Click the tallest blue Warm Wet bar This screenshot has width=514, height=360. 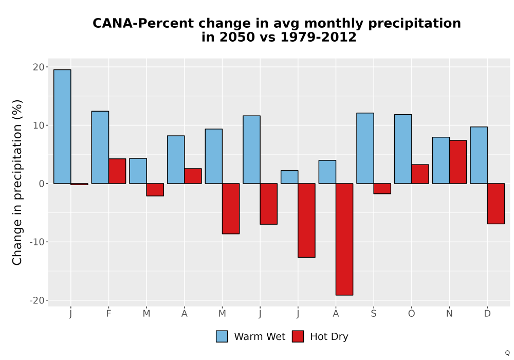(x=62, y=127)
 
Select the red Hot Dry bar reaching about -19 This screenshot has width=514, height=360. (x=344, y=239)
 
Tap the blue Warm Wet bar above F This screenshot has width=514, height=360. (x=100, y=147)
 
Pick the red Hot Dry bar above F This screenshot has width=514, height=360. (x=117, y=171)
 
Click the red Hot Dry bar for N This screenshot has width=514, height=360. (x=458, y=162)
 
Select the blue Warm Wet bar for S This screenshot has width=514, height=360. (x=365, y=148)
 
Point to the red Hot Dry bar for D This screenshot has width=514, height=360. (x=496, y=204)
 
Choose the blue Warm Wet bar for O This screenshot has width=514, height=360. (x=403, y=149)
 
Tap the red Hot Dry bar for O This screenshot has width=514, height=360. (x=420, y=174)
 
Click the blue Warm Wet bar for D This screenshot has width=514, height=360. (x=479, y=155)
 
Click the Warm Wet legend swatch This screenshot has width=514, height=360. (x=222, y=336)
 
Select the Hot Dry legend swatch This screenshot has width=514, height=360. (x=298, y=336)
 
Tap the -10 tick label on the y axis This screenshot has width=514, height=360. (x=37, y=242)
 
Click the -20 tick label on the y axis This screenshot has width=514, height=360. (x=37, y=300)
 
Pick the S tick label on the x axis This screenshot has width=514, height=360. (x=374, y=314)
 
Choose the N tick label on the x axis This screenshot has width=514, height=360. (x=449, y=314)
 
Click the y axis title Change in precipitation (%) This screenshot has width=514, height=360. (x=17, y=182)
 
